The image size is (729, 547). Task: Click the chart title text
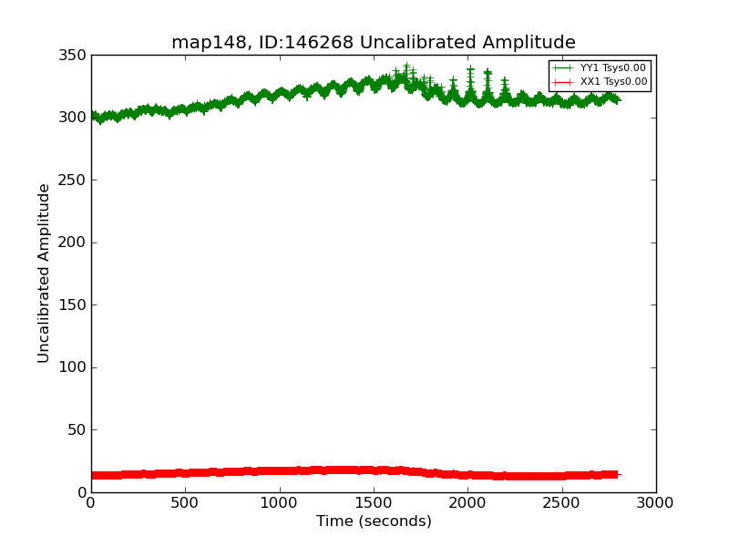pyautogui.click(x=374, y=43)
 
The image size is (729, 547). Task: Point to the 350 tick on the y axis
pyautogui.click(x=75, y=56)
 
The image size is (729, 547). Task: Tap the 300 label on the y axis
pyautogui.click(x=75, y=118)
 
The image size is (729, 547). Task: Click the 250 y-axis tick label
pyautogui.click(x=75, y=181)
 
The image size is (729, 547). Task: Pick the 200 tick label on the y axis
pyautogui.click(x=75, y=243)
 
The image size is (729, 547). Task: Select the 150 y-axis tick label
pyautogui.click(x=75, y=305)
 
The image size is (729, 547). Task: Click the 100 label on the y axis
pyautogui.click(x=75, y=367)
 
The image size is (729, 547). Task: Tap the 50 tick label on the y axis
pyautogui.click(x=78, y=430)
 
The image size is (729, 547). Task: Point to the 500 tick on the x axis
pyautogui.click(x=185, y=501)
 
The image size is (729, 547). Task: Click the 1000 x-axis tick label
pyautogui.click(x=279, y=501)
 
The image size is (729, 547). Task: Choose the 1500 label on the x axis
pyautogui.click(x=374, y=501)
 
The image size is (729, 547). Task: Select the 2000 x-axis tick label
pyautogui.click(x=467, y=501)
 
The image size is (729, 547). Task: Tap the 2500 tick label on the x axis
pyautogui.click(x=561, y=501)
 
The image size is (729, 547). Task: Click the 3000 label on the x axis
pyautogui.click(x=655, y=501)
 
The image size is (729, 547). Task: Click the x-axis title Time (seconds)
pyautogui.click(x=374, y=521)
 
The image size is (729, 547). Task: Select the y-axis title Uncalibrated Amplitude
pyautogui.click(x=45, y=273)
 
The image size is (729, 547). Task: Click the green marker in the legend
pyautogui.click(x=564, y=68)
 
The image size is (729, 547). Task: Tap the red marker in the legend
pyautogui.click(x=564, y=82)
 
